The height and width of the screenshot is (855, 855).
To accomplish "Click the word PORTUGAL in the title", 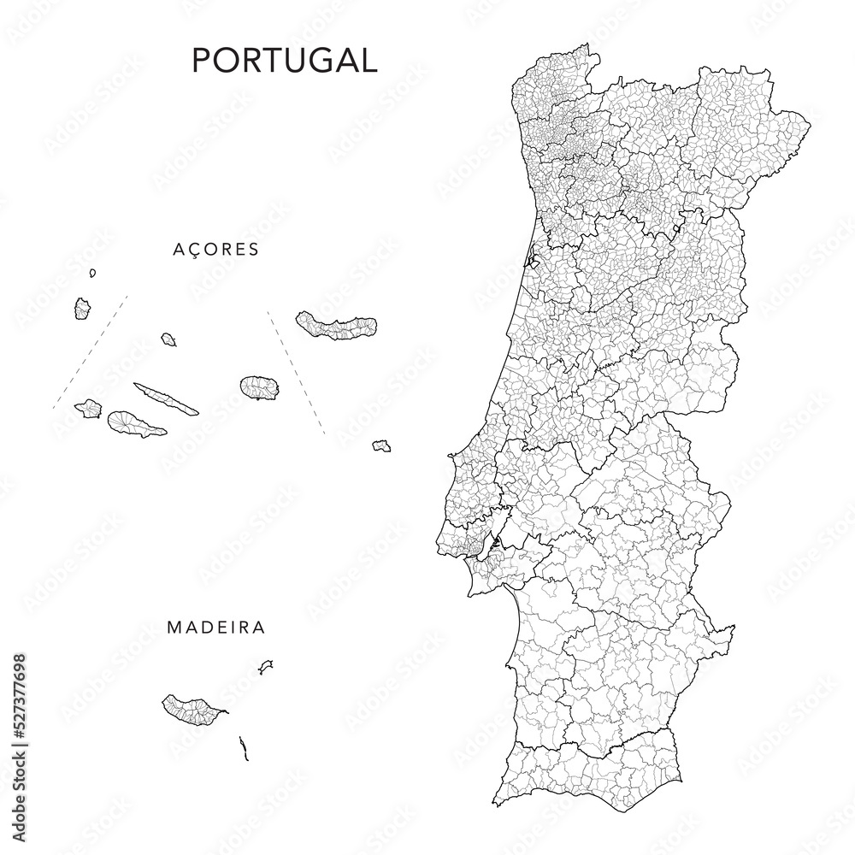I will pyautogui.click(x=284, y=60).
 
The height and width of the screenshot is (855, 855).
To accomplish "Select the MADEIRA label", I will pyautogui.click(x=215, y=628).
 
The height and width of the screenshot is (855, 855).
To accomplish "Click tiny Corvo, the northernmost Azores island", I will pyautogui.click(x=92, y=273).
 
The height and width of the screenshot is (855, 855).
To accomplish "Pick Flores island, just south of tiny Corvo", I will pyautogui.click(x=83, y=308).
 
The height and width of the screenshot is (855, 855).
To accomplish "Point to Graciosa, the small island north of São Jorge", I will pyautogui.click(x=168, y=339).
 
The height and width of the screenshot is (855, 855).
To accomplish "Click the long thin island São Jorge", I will pyautogui.click(x=166, y=398).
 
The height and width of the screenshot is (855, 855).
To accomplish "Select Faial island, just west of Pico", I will pyautogui.click(x=89, y=409).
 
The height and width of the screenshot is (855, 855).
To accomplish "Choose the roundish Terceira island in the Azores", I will pyautogui.click(x=259, y=387).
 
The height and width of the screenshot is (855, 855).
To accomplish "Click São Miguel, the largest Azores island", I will pyautogui.click(x=337, y=326).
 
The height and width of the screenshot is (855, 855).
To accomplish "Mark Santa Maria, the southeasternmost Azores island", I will pyautogui.click(x=381, y=445).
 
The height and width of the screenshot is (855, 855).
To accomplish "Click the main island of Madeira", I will pyautogui.click(x=193, y=708).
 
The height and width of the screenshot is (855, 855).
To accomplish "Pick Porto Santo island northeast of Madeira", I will pyautogui.click(x=266, y=665).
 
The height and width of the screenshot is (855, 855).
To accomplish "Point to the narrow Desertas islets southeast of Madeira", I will pyautogui.click(x=245, y=749).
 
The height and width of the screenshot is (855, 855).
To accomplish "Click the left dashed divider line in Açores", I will pyautogui.click(x=91, y=351).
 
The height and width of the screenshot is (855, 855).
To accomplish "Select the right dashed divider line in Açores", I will pyautogui.click(x=296, y=372).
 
